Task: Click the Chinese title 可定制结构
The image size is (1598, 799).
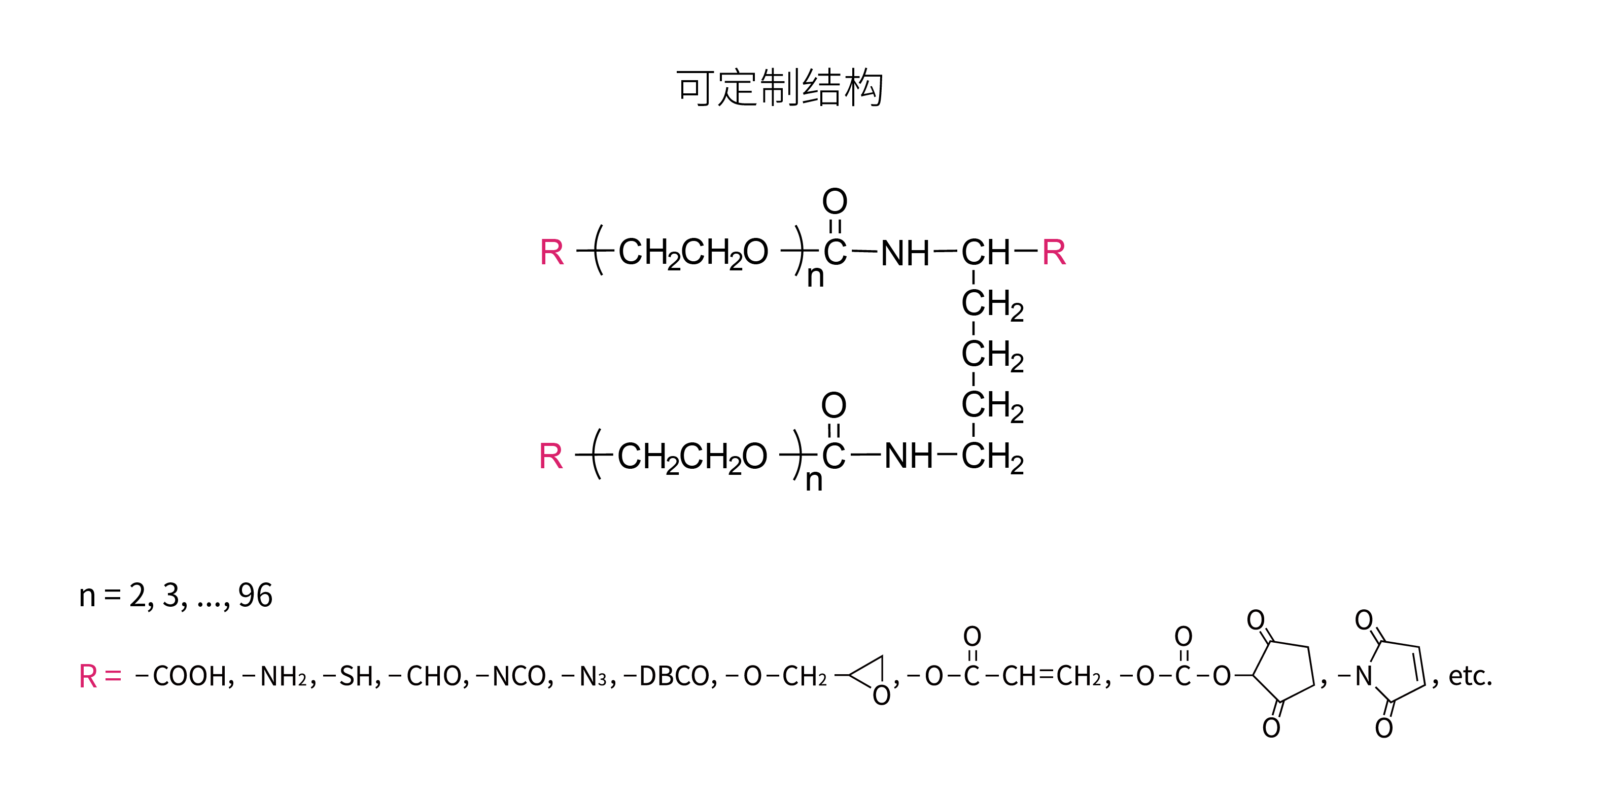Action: (779, 88)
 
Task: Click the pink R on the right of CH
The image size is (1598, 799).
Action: (1054, 253)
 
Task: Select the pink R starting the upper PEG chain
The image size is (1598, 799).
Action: (552, 253)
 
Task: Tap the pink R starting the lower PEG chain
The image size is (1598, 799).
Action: (551, 457)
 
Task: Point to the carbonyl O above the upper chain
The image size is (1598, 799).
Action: (835, 201)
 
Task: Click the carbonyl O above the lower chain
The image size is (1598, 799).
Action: (833, 405)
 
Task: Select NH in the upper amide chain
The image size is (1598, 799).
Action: (905, 253)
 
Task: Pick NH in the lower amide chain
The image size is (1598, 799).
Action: (908, 457)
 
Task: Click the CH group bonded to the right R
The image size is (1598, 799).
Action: (986, 253)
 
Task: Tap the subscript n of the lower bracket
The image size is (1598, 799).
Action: (814, 481)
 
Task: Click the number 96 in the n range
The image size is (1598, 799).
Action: (256, 596)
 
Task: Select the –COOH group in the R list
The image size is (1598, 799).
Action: (184, 676)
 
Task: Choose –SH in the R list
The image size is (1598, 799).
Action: (352, 676)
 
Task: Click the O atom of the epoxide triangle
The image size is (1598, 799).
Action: (882, 696)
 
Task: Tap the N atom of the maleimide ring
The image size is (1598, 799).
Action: (1364, 676)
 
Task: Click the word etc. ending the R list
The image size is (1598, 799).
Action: (1470, 676)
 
